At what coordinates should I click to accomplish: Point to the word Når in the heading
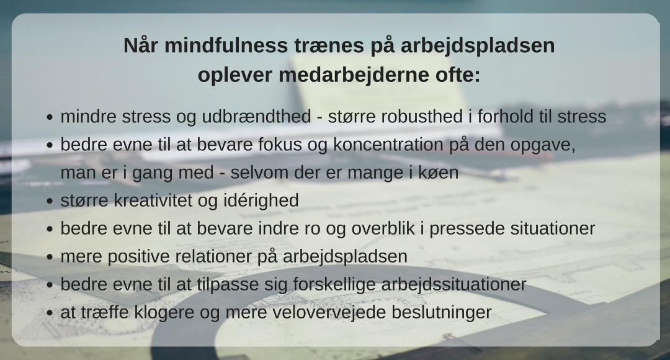pos(141,45)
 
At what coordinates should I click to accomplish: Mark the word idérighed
pos(261,200)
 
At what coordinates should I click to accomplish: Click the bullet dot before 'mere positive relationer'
pos(50,258)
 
